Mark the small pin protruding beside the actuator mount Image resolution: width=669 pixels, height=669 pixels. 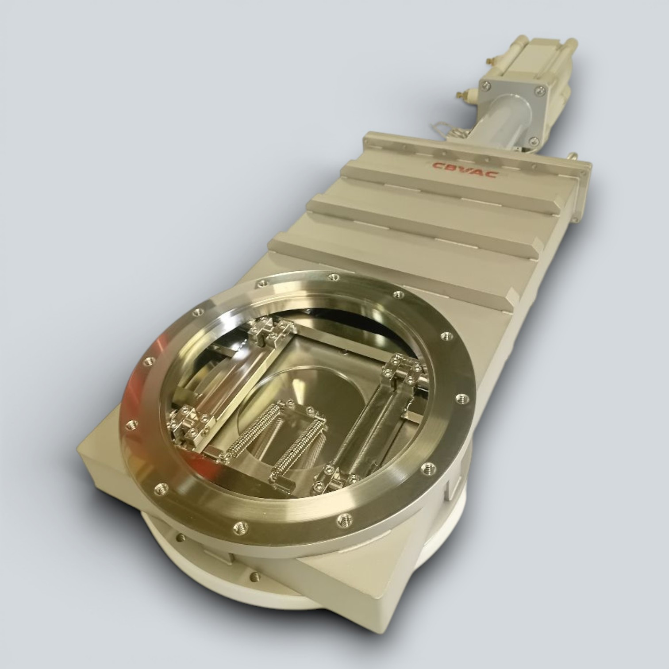[574, 155]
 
